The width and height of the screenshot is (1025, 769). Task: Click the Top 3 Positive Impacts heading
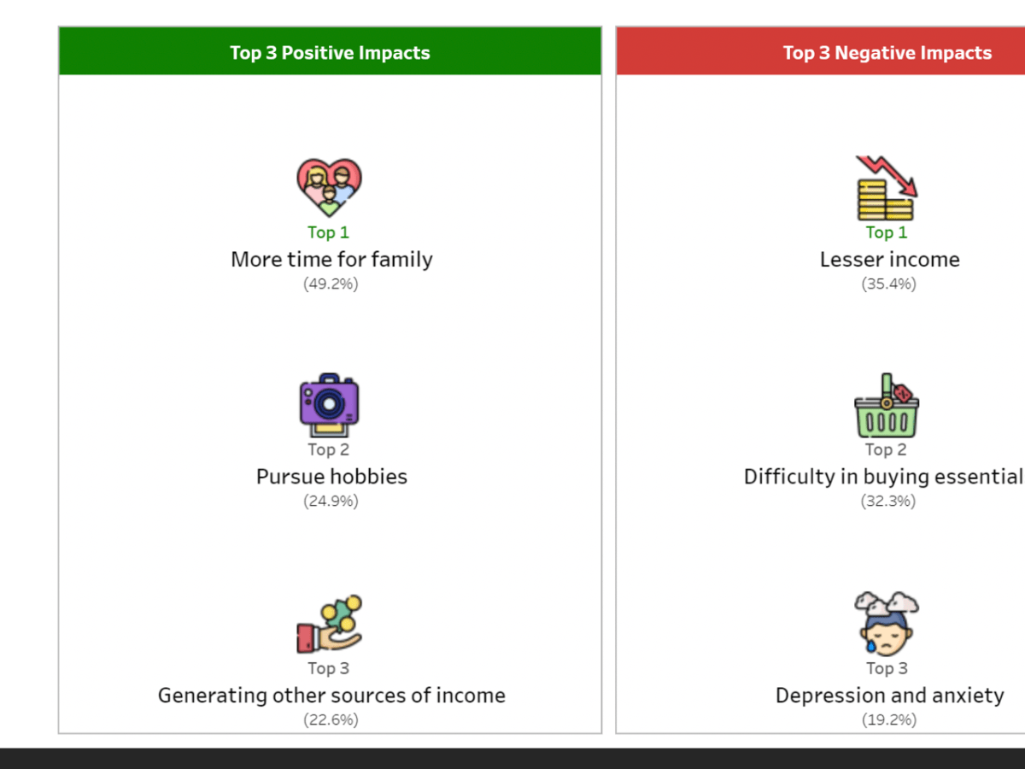330,53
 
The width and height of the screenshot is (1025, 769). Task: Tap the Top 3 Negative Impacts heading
887,53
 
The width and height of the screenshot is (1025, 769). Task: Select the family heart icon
329,187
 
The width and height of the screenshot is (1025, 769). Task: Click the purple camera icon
329,405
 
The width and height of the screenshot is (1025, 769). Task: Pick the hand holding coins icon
329,624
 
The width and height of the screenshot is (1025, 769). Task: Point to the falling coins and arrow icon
887,188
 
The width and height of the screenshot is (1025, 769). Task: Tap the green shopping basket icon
887,405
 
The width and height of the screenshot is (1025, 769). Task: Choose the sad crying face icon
887,624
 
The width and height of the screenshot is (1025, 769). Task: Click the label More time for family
331,260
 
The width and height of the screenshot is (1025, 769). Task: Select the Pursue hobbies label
331,477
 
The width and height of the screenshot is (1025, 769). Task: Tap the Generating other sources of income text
331,696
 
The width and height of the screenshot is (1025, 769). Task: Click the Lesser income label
889,260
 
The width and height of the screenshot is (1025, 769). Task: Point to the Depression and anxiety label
889,696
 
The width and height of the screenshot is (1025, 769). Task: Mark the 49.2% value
331,284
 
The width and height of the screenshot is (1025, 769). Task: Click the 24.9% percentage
331,501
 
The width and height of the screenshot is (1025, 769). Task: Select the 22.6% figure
331,719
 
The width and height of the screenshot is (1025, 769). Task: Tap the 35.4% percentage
888,284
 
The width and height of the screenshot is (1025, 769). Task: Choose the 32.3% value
888,501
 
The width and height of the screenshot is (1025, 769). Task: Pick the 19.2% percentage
889,719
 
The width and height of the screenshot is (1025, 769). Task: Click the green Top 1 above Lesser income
887,232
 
